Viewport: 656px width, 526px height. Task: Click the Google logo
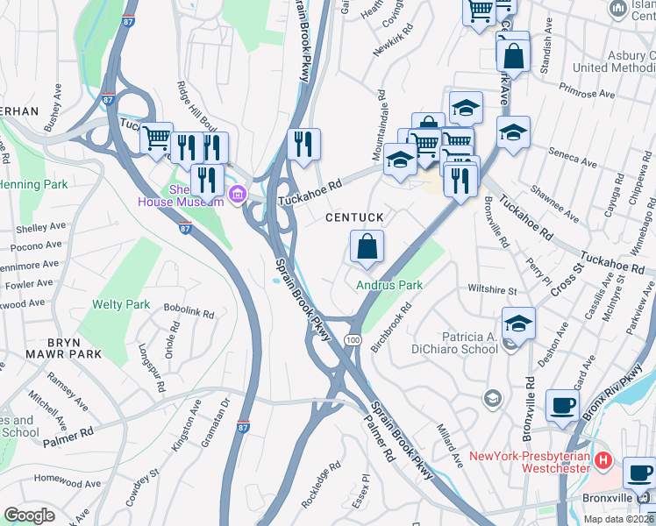[29, 515]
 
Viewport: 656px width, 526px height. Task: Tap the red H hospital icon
[603, 459]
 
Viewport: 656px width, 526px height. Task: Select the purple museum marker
[235, 193]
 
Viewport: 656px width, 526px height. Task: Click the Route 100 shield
[353, 339]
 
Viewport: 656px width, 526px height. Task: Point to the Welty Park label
[121, 305]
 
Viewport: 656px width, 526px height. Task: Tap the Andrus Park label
[389, 285]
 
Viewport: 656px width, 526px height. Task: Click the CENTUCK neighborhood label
[355, 217]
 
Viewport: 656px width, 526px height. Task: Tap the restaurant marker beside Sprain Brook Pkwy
[303, 144]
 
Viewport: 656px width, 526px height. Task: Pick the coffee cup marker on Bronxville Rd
[561, 405]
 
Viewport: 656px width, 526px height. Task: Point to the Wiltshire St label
[493, 289]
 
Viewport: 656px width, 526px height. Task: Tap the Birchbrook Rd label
[391, 329]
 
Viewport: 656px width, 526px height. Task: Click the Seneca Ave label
[575, 157]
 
